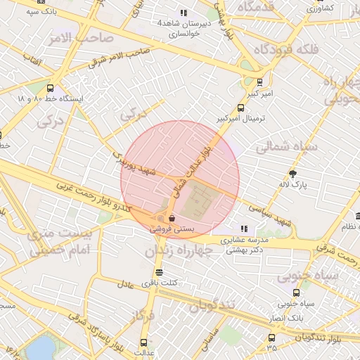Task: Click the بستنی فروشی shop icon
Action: click(172, 219)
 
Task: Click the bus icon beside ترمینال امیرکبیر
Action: click(241, 108)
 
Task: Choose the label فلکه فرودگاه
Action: click(286, 50)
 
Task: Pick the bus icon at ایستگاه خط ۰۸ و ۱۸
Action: click(50, 89)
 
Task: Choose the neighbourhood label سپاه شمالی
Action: click(286, 148)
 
